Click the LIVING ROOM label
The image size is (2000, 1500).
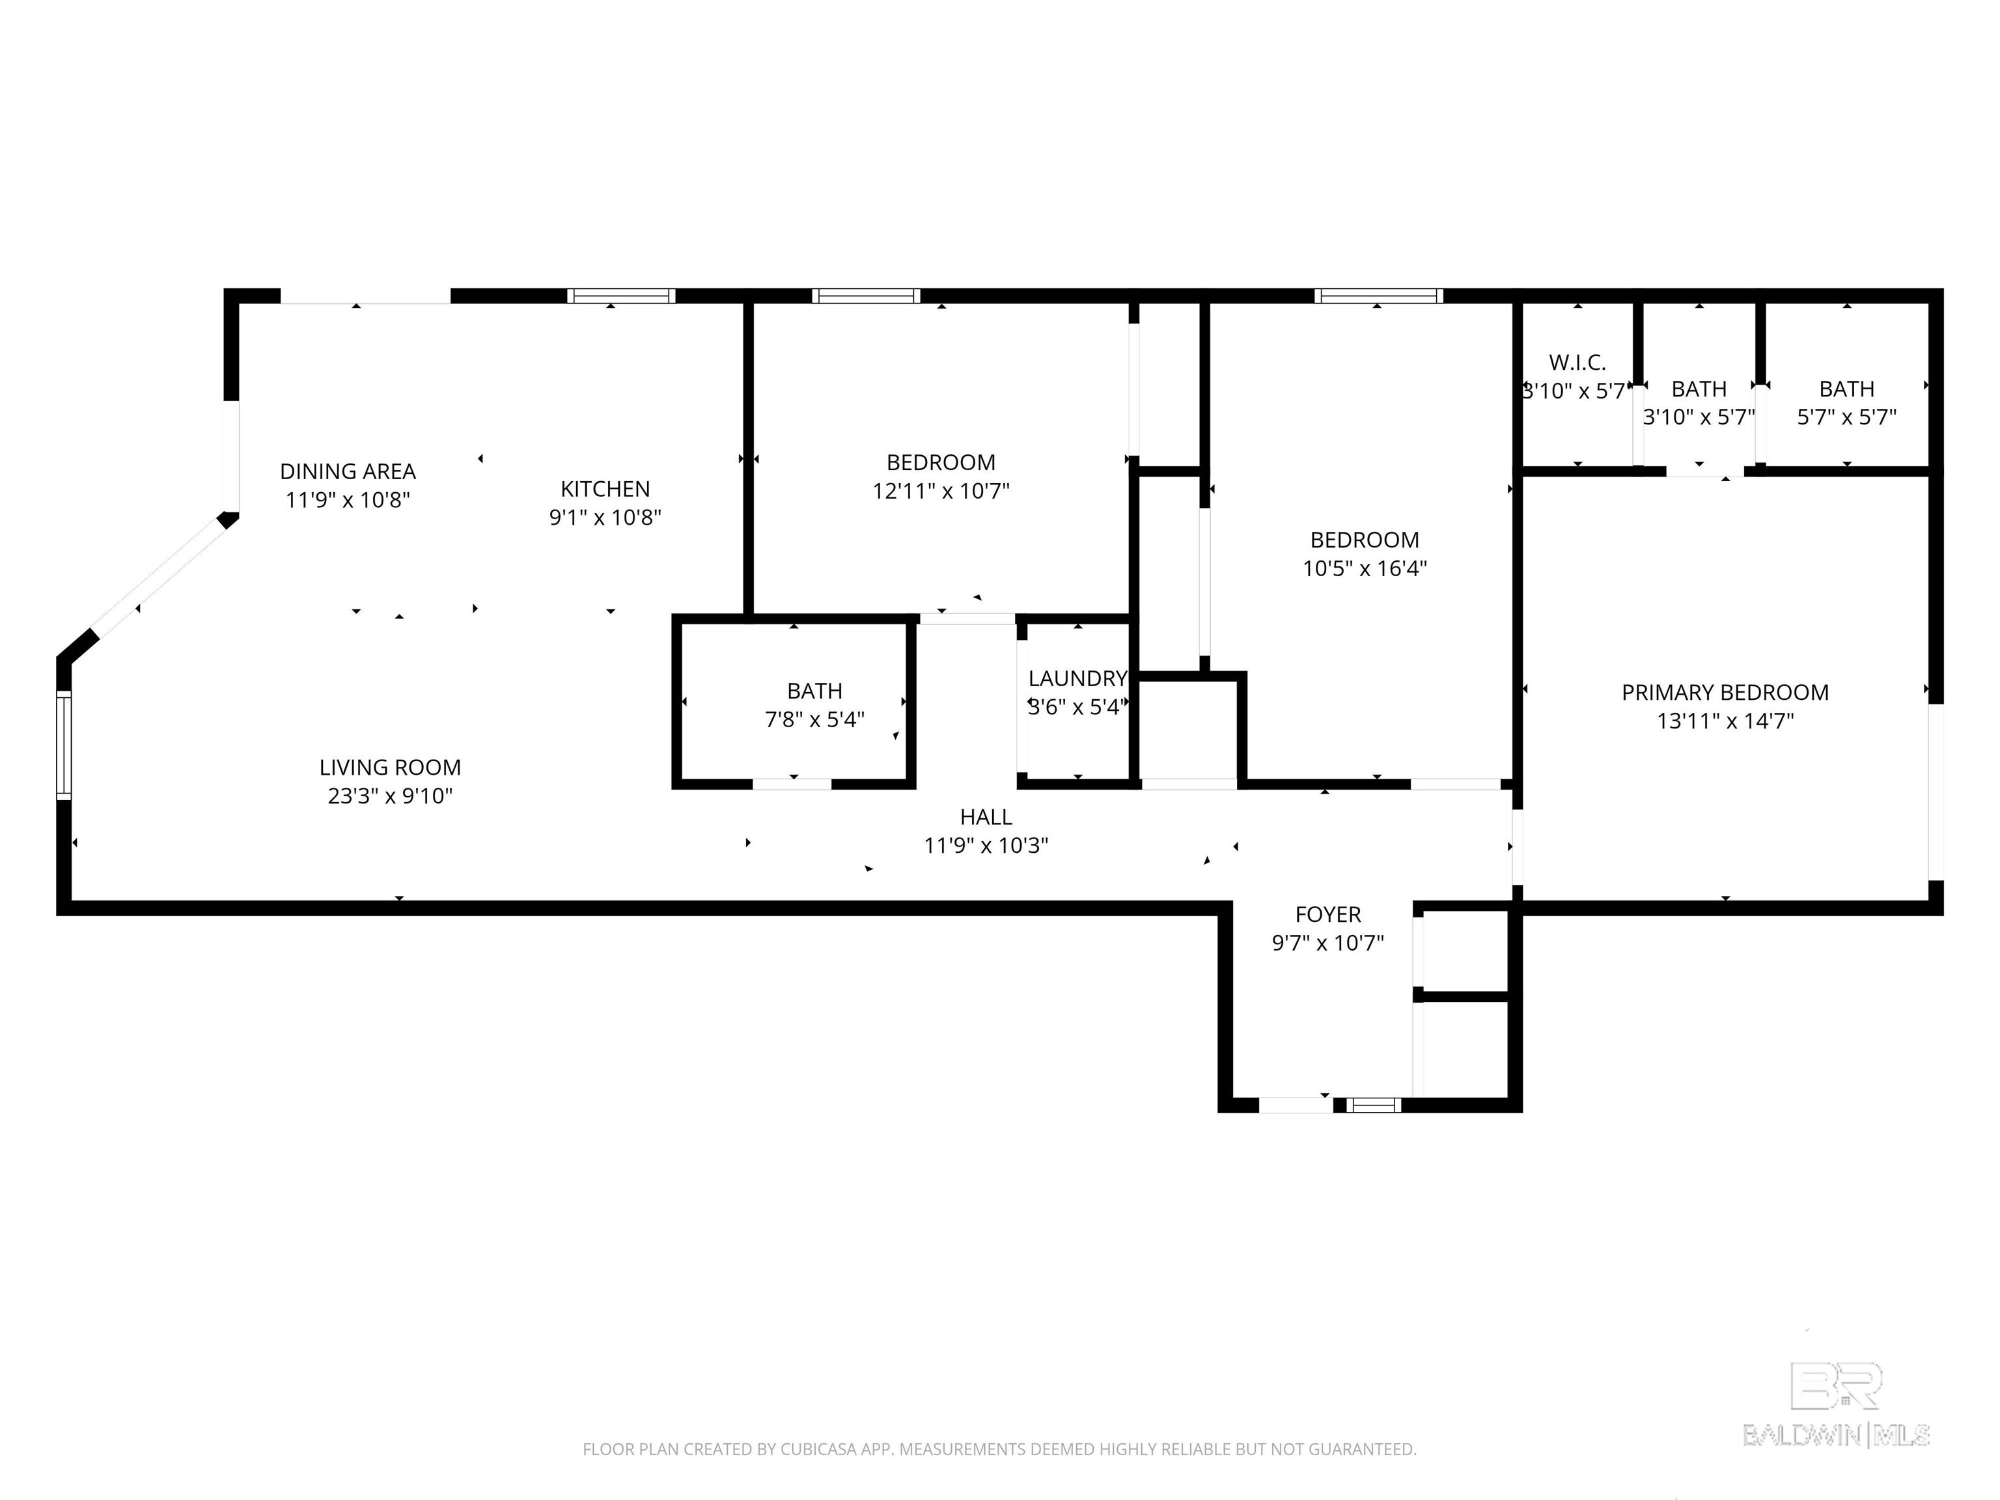[390, 768]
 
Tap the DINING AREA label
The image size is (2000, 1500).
[348, 471]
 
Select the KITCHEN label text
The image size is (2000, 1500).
[605, 489]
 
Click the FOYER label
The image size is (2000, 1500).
[1327, 914]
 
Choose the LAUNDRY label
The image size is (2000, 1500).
[1077, 678]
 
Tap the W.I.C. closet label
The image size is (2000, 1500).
[1577, 363]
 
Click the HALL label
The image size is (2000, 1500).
[986, 816]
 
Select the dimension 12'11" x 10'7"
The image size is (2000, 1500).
[940, 491]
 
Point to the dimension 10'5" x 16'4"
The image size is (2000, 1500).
[1365, 569]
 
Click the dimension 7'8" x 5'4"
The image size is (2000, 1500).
[814, 719]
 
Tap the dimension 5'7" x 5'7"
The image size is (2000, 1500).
[1846, 417]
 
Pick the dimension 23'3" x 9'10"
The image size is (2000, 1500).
[390, 796]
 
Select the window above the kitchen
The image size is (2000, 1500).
[621, 296]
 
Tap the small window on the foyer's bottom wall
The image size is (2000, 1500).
[1374, 1105]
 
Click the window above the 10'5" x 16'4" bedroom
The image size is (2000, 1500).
[1378, 296]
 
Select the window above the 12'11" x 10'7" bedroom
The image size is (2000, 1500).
[866, 296]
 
